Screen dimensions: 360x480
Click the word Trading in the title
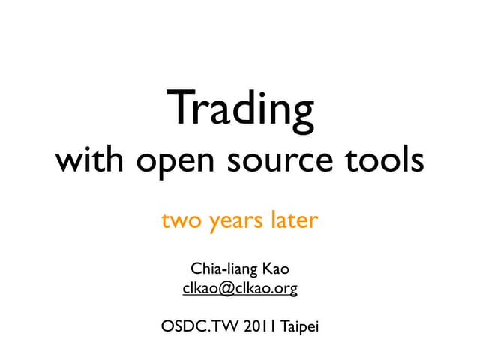coord(240,109)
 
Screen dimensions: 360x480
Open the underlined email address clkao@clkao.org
coord(240,287)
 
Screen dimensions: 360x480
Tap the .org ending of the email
coord(286,288)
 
